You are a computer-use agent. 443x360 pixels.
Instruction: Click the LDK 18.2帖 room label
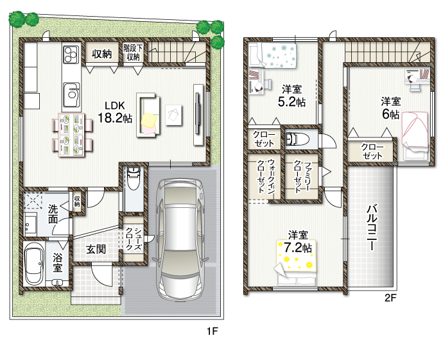(x=115, y=112)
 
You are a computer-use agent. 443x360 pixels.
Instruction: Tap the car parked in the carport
(x=180, y=239)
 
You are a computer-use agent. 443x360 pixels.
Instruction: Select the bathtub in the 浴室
(x=34, y=264)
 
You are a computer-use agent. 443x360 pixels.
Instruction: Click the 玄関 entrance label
(x=96, y=249)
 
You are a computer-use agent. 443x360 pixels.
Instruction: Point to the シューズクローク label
(x=133, y=239)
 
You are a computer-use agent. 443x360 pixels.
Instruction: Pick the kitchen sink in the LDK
(x=71, y=94)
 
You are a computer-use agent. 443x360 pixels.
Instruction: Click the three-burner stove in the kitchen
(x=71, y=54)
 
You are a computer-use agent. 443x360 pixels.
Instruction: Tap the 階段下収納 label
(x=133, y=52)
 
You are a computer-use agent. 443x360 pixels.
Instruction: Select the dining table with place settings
(x=72, y=135)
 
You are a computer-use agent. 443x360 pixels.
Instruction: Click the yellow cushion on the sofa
(x=148, y=121)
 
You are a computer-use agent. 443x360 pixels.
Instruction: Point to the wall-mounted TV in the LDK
(x=198, y=114)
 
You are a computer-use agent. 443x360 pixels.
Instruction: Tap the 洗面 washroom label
(x=53, y=214)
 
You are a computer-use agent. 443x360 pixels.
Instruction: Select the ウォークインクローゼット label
(x=265, y=176)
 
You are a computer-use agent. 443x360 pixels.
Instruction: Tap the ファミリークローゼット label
(x=302, y=176)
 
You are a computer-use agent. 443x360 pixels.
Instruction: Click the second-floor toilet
(x=297, y=139)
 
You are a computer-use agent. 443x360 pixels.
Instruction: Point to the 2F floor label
(x=390, y=298)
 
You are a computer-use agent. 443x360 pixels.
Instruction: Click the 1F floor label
(x=212, y=331)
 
